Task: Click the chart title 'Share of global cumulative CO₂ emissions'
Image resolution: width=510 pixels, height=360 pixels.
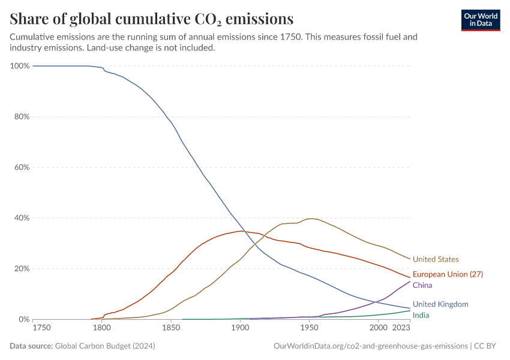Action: [x=152, y=19]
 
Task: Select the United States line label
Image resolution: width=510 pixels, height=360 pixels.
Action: [x=435, y=259]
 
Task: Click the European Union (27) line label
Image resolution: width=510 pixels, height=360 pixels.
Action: [x=448, y=274]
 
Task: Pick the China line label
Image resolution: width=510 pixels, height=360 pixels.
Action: [x=422, y=286]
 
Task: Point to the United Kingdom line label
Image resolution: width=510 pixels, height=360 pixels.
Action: [x=440, y=304]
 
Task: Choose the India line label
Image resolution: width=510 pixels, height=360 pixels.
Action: [x=421, y=315]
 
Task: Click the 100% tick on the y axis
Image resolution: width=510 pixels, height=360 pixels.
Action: [x=20, y=65]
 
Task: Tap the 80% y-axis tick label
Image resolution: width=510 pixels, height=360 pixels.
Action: [x=22, y=116]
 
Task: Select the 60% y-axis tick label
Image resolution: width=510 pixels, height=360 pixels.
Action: [x=22, y=167]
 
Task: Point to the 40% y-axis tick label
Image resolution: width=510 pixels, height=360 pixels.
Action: [x=22, y=218]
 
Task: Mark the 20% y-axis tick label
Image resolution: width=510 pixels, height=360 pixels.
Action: [x=22, y=269]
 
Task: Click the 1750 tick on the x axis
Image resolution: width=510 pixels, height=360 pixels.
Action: [x=41, y=328]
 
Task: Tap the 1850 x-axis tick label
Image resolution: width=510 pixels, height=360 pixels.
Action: [x=171, y=328]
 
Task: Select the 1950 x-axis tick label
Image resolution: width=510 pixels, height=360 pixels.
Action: [x=309, y=328]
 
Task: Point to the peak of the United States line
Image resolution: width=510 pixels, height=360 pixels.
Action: [x=311, y=218]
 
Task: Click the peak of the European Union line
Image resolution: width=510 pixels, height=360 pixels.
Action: [x=240, y=231]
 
